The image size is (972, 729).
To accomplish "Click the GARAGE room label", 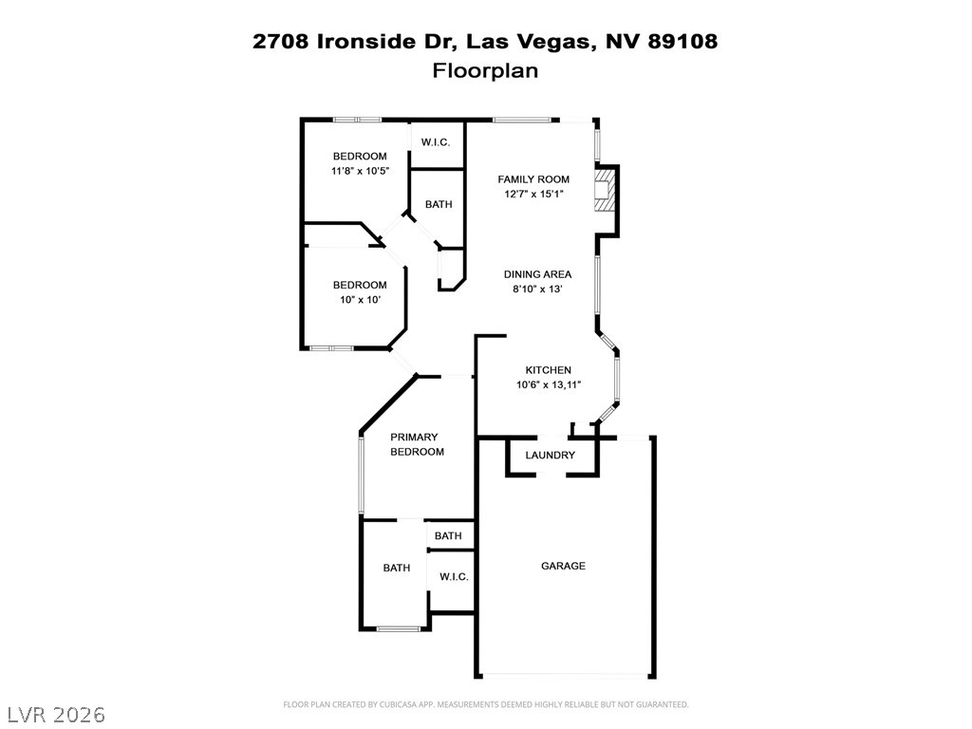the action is click(x=563, y=566).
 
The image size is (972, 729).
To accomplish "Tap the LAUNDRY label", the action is click(x=550, y=455).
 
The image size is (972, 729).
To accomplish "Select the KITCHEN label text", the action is click(x=548, y=370).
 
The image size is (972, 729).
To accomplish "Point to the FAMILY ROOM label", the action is click(x=533, y=179).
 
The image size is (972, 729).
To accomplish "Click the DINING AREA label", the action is click(x=537, y=274).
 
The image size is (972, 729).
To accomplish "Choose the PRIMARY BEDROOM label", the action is click(x=417, y=444).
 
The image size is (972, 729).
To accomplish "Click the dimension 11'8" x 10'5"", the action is click(x=360, y=171).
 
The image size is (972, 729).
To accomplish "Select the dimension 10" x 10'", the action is click(x=360, y=300).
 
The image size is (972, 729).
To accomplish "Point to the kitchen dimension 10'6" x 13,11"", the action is click(x=549, y=385).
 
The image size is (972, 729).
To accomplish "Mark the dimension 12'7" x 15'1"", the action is click(x=533, y=194).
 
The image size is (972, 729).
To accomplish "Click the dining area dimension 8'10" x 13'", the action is click(x=537, y=289).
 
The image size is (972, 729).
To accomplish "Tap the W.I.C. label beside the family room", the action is click(x=435, y=142).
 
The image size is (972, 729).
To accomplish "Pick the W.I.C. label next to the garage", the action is click(x=454, y=576).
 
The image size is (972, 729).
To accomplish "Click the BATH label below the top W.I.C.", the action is click(x=439, y=204).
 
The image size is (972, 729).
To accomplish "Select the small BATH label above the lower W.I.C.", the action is click(x=448, y=535).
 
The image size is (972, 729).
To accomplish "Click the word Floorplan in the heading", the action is click(x=485, y=70).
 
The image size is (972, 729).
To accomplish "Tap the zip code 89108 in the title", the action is click(x=682, y=41).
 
